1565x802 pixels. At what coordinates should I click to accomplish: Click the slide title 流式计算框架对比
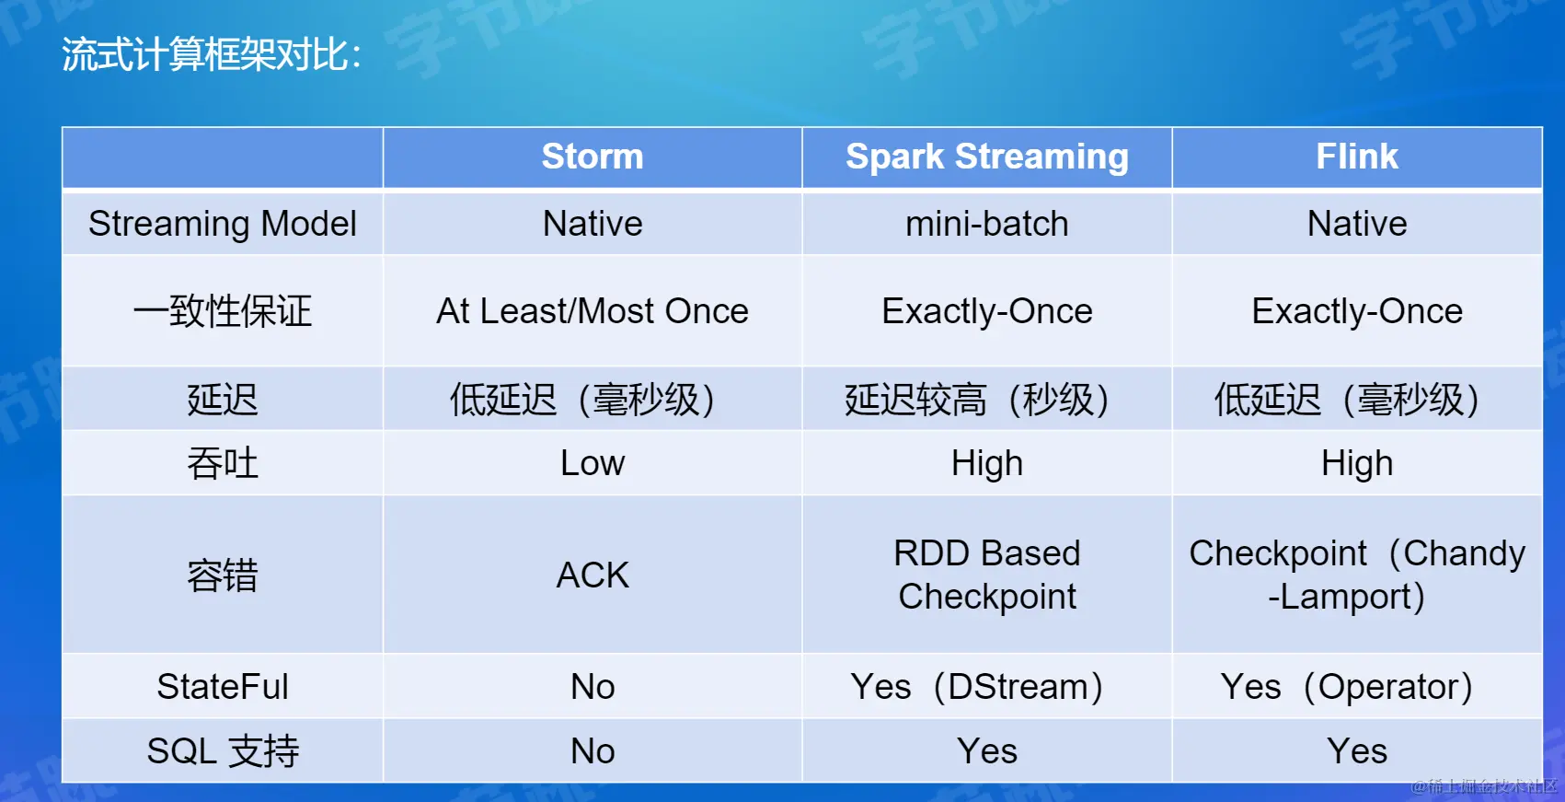[x=211, y=54]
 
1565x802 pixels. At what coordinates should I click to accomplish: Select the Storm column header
[x=593, y=156]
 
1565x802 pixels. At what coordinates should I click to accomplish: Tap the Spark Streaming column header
[x=987, y=157]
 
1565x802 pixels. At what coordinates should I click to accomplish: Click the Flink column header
[x=1357, y=156]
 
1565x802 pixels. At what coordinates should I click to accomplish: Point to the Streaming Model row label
[x=222, y=224]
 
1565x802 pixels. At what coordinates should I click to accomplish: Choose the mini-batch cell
[x=987, y=224]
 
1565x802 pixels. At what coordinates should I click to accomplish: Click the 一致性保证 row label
[x=222, y=310]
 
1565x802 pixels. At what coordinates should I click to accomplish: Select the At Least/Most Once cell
[x=593, y=310]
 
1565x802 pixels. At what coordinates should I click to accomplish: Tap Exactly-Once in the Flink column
[x=1357, y=310]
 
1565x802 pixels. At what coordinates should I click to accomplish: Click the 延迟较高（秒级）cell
[x=977, y=400]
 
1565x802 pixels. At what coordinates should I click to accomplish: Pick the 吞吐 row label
[x=222, y=463]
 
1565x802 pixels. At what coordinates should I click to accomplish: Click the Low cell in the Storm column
[x=593, y=463]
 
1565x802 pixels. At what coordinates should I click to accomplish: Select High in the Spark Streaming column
[x=987, y=463]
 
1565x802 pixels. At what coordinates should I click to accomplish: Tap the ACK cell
[x=593, y=575]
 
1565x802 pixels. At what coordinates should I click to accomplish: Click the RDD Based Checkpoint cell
[x=987, y=575]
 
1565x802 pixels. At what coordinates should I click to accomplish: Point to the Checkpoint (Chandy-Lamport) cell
[x=1357, y=575]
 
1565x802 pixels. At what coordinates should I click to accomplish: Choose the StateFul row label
[x=222, y=686]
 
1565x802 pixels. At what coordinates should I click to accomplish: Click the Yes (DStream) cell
[x=977, y=687]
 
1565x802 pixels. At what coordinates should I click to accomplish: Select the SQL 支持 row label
[x=222, y=751]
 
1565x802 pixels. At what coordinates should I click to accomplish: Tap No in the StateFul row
[x=593, y=687]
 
